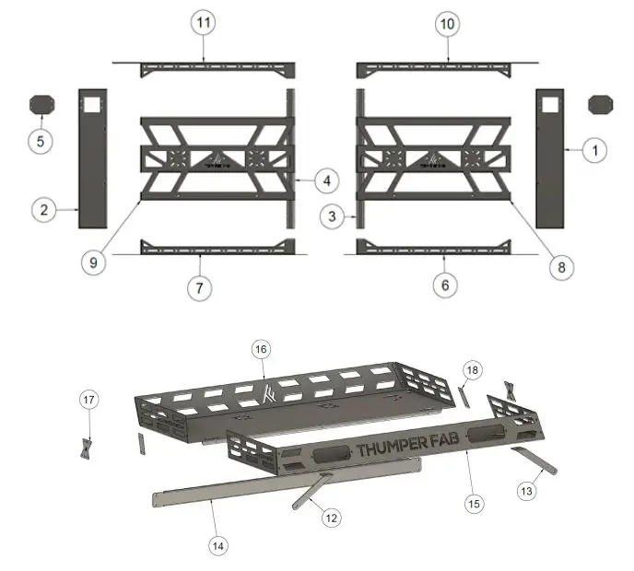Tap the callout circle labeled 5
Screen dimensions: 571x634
point(40,142)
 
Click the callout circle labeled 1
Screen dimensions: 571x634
point(594,148)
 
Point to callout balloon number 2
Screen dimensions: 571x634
point(43,210)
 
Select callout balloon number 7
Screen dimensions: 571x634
point(199,287)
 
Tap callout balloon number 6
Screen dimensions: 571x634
point(445,285)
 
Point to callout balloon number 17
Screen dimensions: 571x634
point(89,401)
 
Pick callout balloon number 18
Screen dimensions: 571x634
point(472,369)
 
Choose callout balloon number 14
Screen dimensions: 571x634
point(217,545)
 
